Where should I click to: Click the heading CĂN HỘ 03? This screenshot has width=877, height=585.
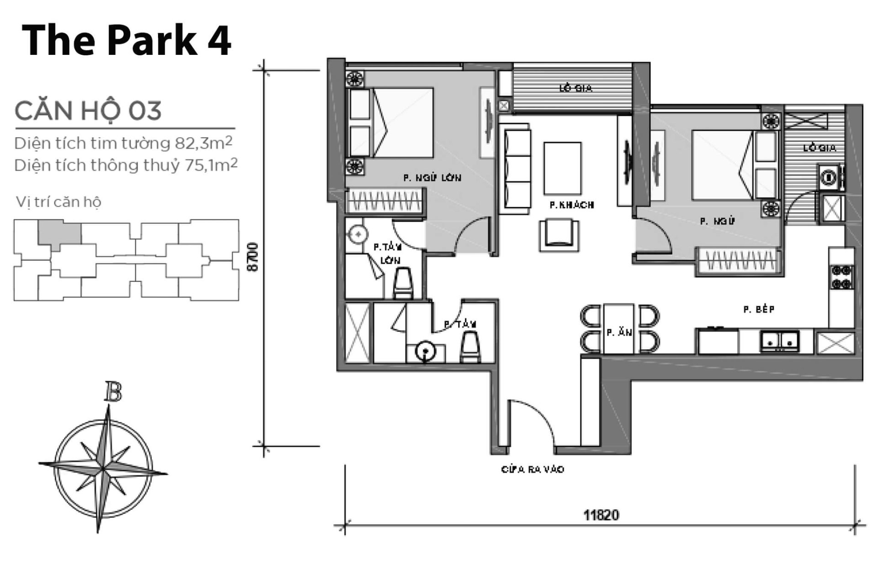[x=88, y=111]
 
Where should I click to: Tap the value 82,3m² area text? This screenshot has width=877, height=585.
[x=204, y=143]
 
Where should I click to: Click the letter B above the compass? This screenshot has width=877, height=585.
[x=112, y=392]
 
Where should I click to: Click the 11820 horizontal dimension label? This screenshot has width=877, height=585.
[x=601, y=515]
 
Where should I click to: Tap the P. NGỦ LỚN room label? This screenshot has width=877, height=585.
[x=432, y=178]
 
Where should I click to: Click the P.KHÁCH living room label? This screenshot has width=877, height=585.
[x=571, y=205]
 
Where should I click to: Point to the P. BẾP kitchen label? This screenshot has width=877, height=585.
[x=759, y=309]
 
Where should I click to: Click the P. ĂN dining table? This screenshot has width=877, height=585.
[x=618, y=329]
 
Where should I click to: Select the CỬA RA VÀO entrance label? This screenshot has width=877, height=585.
[x=532, y=469]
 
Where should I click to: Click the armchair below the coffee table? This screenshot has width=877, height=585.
[x=559, y=234]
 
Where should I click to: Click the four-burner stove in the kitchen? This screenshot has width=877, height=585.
[x=841, y=277]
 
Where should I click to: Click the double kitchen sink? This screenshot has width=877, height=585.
[x=779, y=341]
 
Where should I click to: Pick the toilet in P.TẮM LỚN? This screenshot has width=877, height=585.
[x=403, y=283]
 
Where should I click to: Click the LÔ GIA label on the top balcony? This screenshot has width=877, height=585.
[x=576, y=88]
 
